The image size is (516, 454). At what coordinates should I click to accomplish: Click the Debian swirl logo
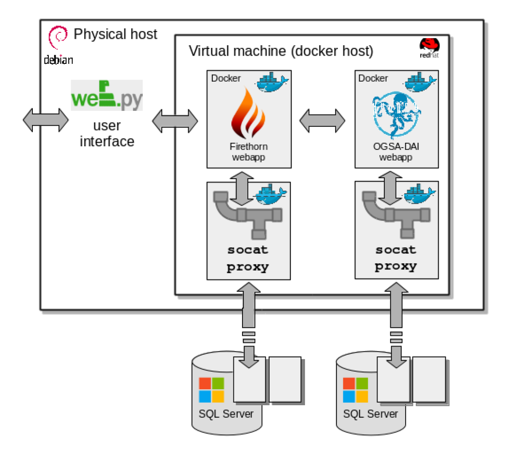(x=57, y=37)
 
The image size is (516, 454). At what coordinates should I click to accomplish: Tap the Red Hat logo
(x=429, y=47)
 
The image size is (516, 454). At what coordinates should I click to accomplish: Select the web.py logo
(x=107, y=95)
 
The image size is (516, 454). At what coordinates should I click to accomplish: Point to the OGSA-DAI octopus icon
(x=396, y=114)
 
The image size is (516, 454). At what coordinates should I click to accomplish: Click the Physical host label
(x=115, y=34)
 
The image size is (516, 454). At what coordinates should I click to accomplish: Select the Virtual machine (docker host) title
(x=281, y=51)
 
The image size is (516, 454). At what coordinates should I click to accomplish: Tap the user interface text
(x=107, y=133)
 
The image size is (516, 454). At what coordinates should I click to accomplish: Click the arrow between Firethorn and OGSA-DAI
(x=322, y=120)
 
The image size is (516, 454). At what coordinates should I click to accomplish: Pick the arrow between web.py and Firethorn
(x=175, y=121)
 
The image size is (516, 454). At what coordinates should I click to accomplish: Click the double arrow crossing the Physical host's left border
(x=46, y=120)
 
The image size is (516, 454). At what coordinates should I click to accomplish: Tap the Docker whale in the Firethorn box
(x=272, y=82)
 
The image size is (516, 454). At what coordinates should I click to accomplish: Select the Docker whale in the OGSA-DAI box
(x=420, y=82)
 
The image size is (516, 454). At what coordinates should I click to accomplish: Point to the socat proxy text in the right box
(x=396, y=258)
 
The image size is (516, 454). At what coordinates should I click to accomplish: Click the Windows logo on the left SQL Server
(x=211, y=390)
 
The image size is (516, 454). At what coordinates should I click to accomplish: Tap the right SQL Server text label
(x=370, y=414)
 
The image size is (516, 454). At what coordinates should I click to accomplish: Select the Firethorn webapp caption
(x=249, y=152)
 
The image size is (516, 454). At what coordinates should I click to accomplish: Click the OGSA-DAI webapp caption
(x=396, y=152)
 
